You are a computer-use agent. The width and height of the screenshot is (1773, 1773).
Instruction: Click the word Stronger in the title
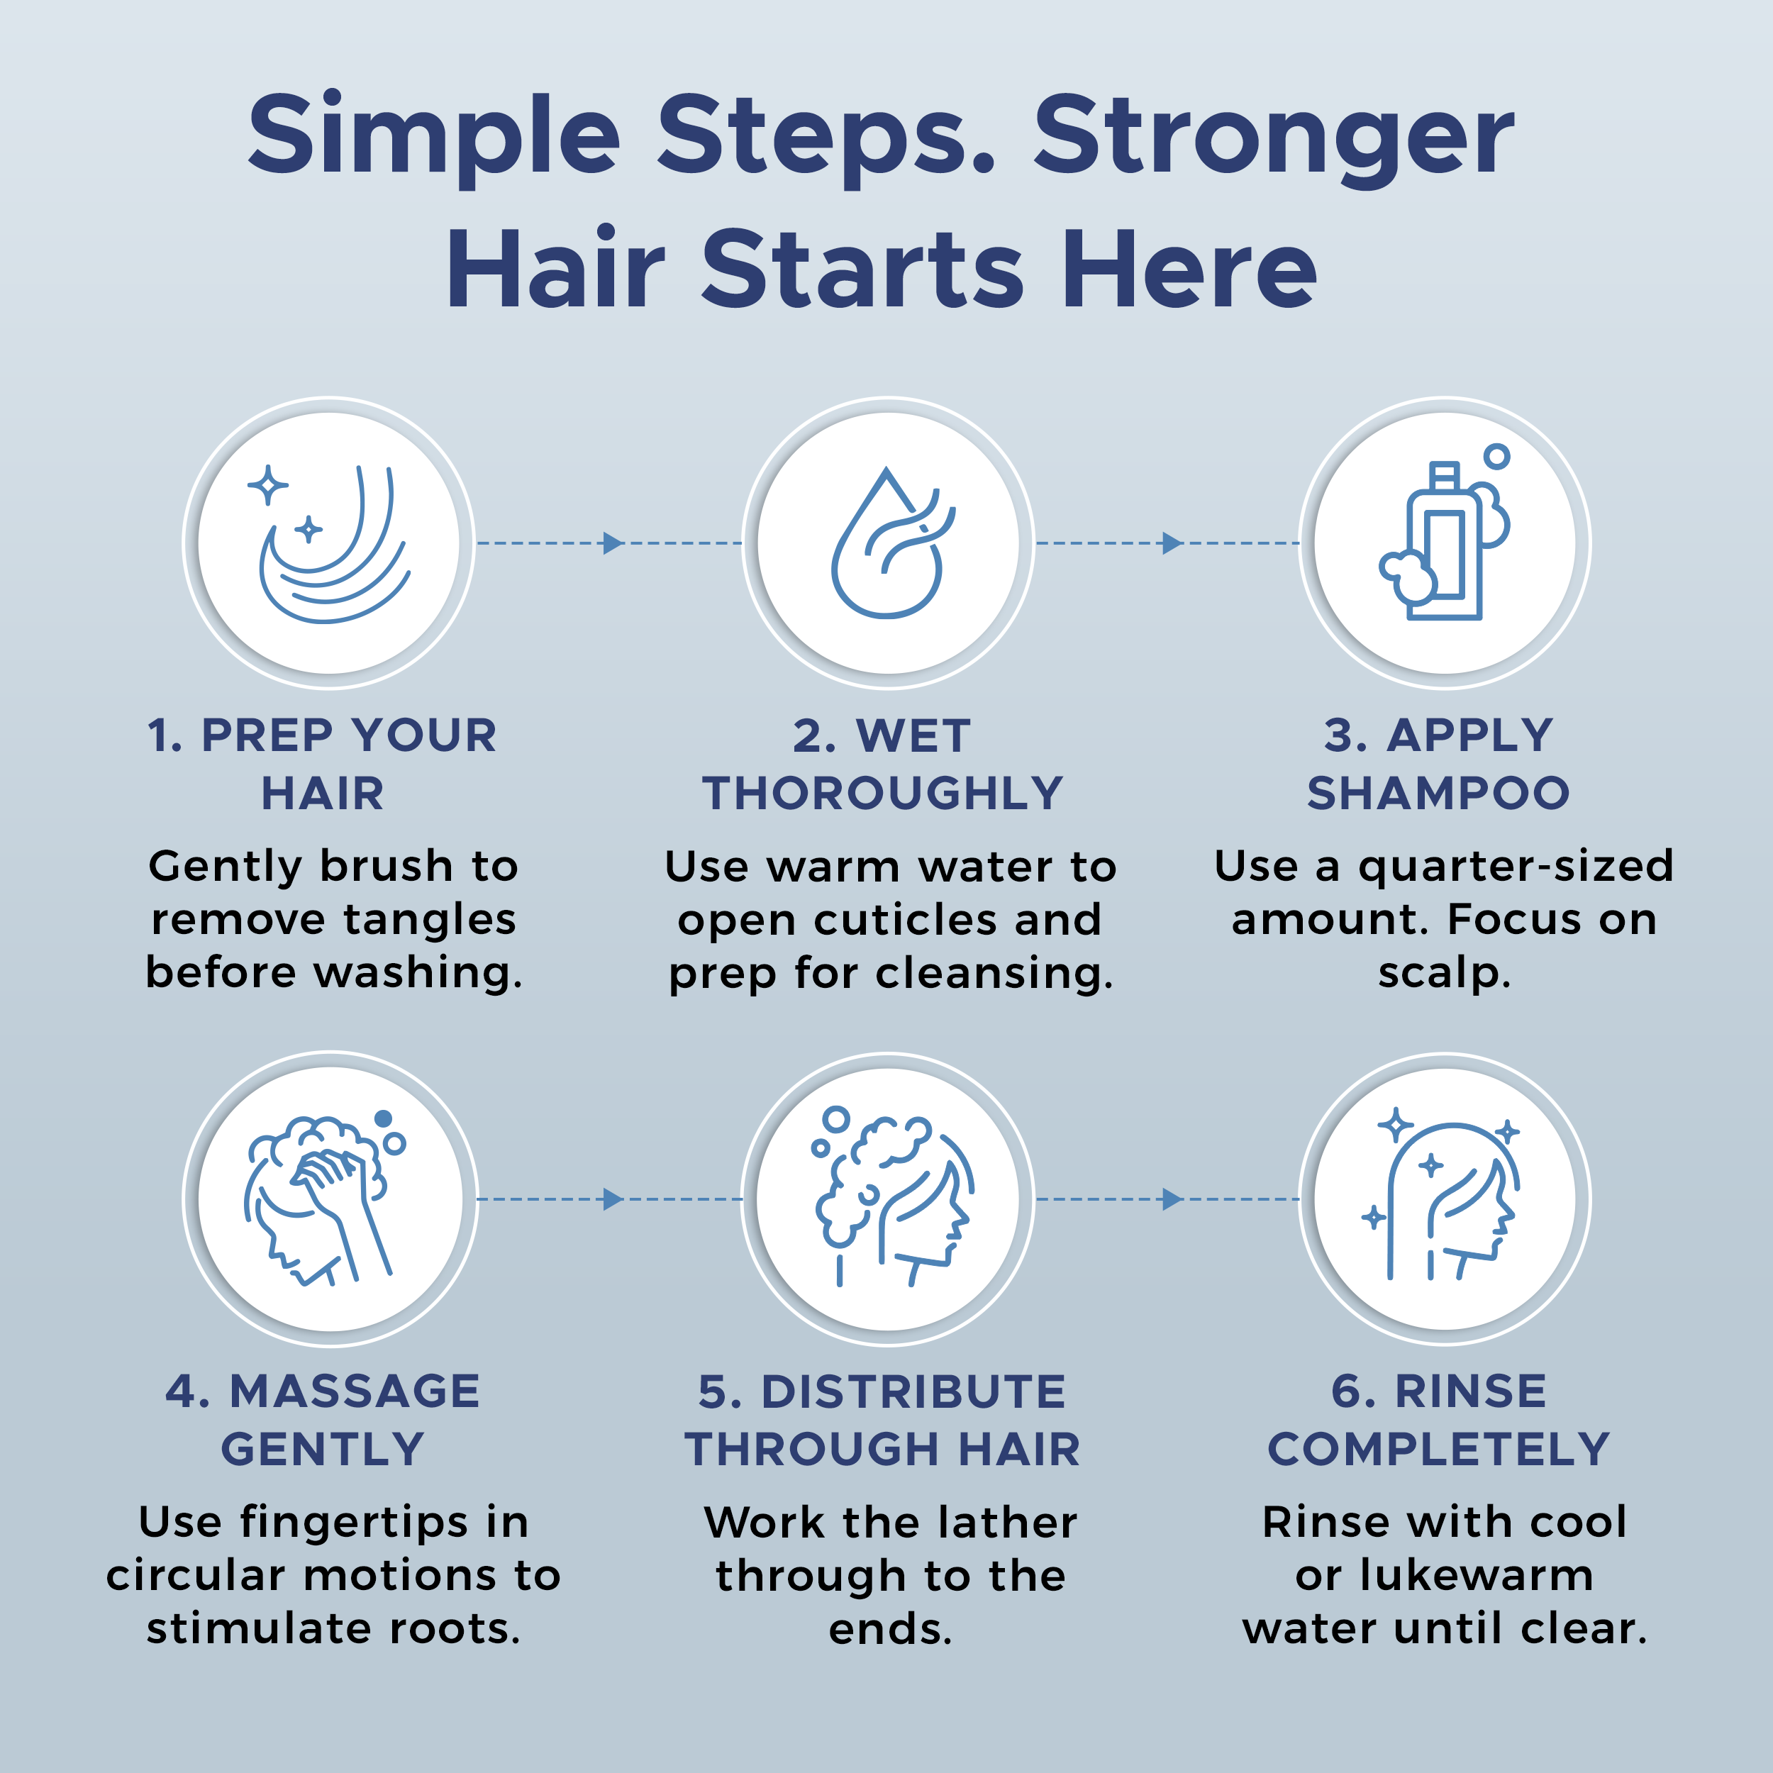1273,138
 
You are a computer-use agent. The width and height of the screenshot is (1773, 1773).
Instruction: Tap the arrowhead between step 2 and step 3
1171,543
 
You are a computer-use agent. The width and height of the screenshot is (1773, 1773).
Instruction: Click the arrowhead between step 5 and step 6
1171,1199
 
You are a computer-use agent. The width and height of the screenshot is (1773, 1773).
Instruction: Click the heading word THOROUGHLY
882,793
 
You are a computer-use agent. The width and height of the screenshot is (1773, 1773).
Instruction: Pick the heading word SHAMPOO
1438,793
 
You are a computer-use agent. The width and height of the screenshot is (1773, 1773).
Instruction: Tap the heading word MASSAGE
354,1391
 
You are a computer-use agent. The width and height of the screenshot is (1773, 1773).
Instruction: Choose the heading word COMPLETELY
1438,1449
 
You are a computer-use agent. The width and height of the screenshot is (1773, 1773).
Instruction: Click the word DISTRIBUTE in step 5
913,1391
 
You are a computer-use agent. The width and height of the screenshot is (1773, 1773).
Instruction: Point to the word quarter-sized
1516,867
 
